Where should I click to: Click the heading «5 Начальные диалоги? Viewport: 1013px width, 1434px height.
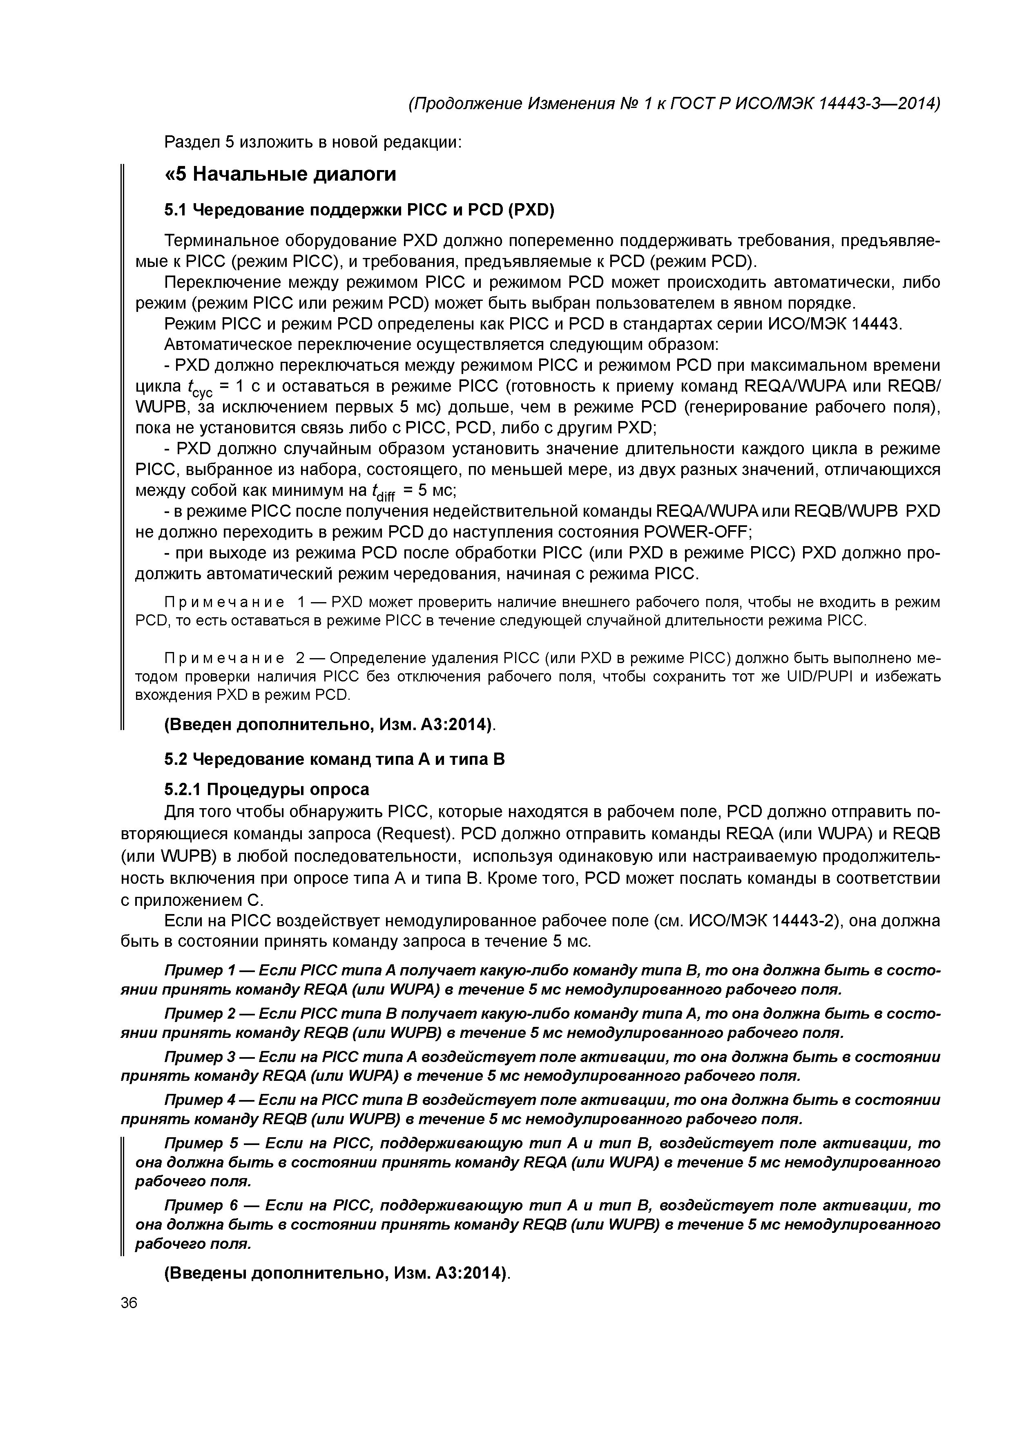pyautogui.click(x=280, y=174)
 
